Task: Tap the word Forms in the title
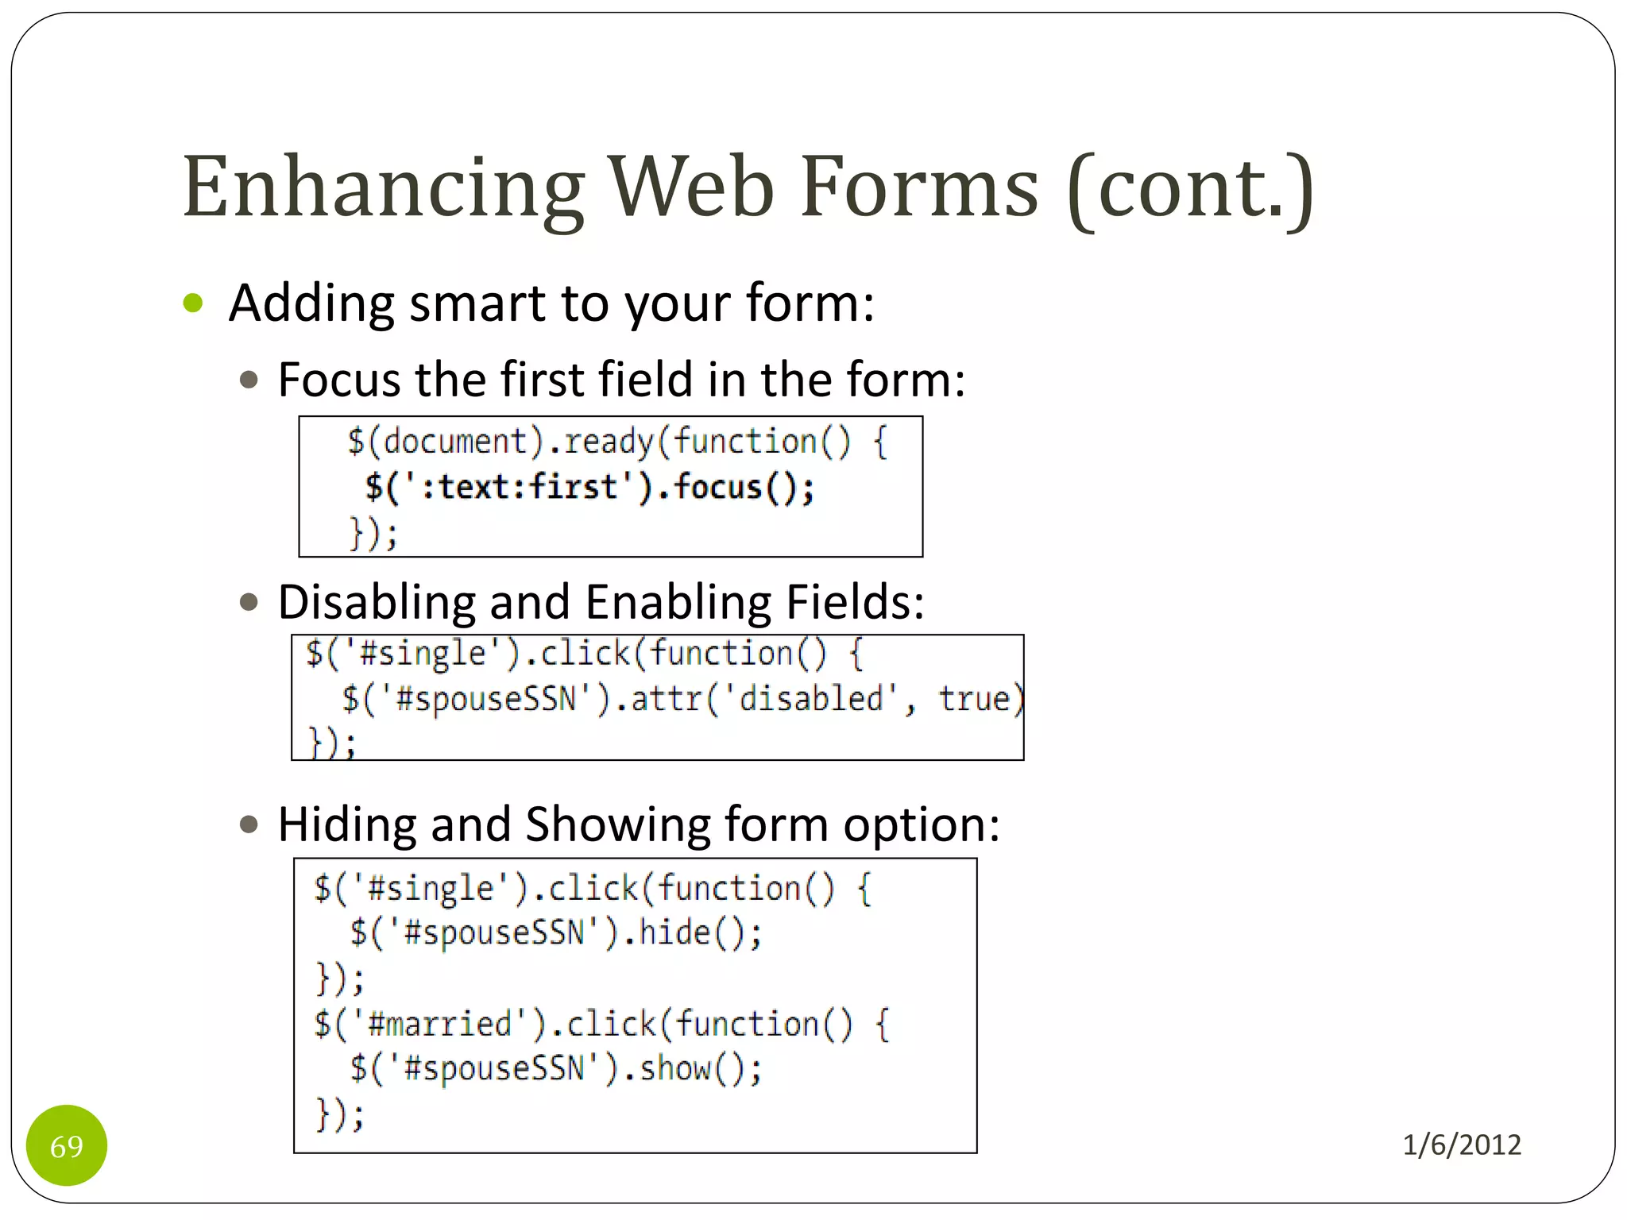(919, 188)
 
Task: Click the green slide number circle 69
(67, 1145)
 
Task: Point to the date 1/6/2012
(1461, 1145)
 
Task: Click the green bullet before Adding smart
(193, 303)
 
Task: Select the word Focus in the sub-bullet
(339, 380)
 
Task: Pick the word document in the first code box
(455, 442)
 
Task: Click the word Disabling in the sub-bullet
(377, 602)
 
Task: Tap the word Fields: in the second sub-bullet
(855, 602)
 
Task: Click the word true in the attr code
(974, 699)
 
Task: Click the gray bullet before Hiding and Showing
(249, 824)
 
